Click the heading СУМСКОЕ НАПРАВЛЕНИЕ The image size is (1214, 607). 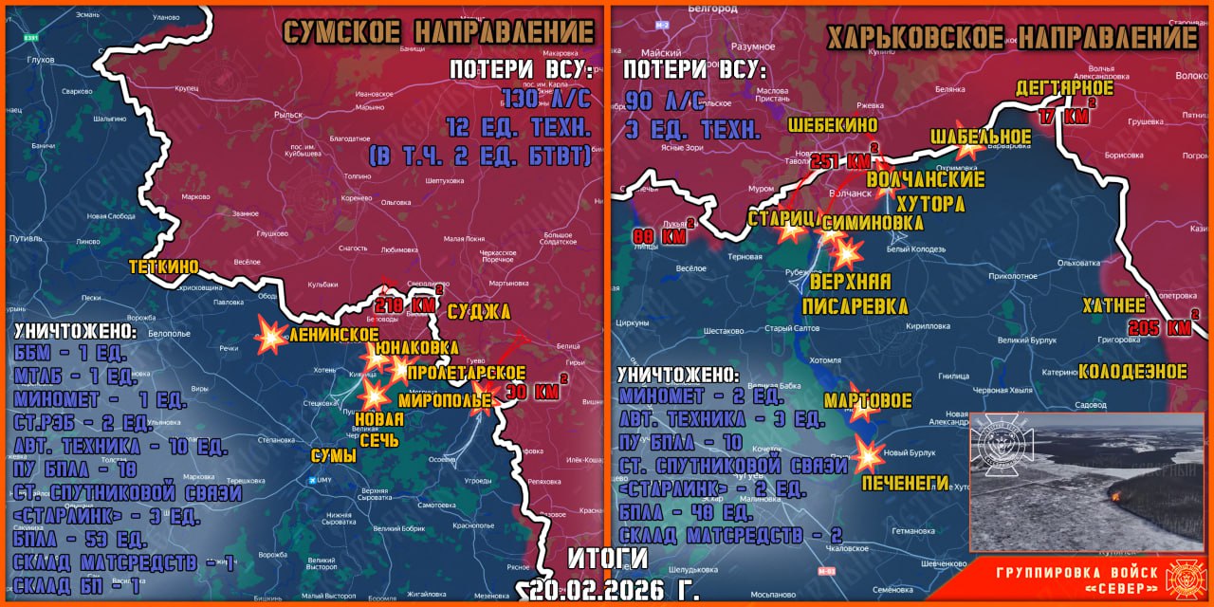438,32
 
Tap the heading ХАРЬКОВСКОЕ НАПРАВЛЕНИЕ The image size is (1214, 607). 1011,38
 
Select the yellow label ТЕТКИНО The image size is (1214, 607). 164,267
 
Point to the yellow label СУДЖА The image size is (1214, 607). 478,312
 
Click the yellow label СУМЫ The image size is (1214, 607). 334,456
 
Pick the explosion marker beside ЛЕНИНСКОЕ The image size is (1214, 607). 272,335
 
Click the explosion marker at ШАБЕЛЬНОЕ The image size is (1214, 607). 967,146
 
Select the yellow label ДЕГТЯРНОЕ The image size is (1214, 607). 1064,88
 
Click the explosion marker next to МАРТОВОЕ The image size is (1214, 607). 862,408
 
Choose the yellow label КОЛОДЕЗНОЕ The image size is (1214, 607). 1132,371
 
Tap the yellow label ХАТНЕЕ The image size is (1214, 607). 1114,305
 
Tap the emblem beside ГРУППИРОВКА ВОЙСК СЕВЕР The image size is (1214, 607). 1185,579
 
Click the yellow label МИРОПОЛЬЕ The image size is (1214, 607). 432,400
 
